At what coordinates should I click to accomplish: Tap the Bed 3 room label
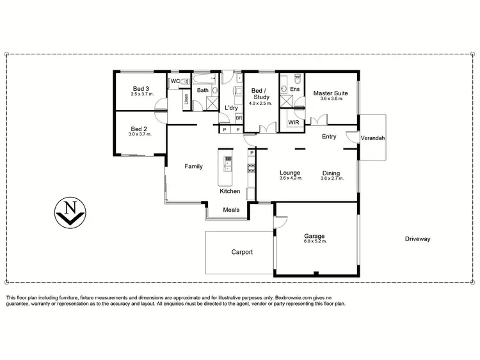click(x=140, y=89)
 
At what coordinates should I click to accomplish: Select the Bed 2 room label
click(x=140, y=128)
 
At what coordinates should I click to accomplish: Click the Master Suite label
click(x=332, y=93)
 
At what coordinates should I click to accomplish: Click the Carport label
click(x=241, y=252)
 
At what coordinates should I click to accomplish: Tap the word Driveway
click(x=417, y=239)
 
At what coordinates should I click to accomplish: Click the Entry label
click(x=329, y=136)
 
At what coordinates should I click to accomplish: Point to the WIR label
click(x=294, y=121)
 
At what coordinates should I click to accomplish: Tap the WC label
click(x=174, y=81)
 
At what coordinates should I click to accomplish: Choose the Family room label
click(x=193, y=166)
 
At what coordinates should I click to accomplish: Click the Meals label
click(x=231, y=209)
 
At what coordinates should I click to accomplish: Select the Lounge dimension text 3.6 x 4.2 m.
click(x=290, y=178)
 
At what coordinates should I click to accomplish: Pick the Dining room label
click(x=332, y=172)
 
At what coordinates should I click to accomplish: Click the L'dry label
click(x=231, y=107)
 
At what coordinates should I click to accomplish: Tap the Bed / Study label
click(x=260, y=94)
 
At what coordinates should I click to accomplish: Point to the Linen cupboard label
click(x=186, y=100)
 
